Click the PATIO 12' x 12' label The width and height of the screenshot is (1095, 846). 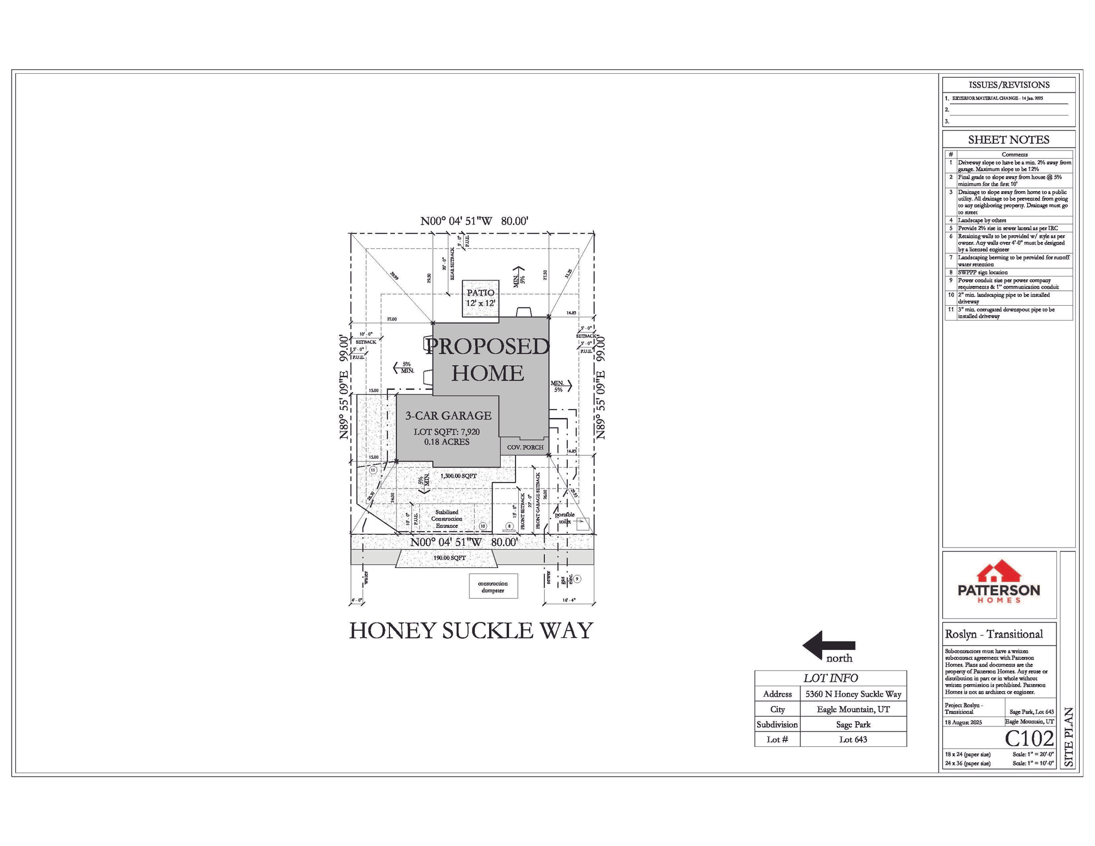coord(480,298)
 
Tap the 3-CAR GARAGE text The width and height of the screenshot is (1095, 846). coord(448,416)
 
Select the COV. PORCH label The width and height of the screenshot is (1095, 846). coord(525,447)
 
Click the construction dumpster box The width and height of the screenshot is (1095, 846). coord(493,587)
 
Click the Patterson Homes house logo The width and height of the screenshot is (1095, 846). coord(999,573)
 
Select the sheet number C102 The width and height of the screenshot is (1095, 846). coord(1029,739)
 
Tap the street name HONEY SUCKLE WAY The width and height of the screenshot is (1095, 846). coord(471,631)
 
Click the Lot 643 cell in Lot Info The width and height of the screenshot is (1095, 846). coord(853,740)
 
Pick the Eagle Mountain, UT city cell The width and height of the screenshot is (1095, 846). coord(853,709)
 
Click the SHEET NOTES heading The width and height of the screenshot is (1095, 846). coord(1009,140)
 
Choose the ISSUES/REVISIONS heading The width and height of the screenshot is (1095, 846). coord(1009,85)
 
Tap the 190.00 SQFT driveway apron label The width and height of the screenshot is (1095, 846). coord(449,558)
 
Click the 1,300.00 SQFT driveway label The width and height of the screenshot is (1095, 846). coord(458,476)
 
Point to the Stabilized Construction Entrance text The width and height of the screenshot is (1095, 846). coord(447,519)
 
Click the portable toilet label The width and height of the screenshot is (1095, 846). coord(564,518)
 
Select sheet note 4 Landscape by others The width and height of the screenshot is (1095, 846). coord(982,220)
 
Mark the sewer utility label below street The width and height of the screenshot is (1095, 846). coord(549,577)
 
